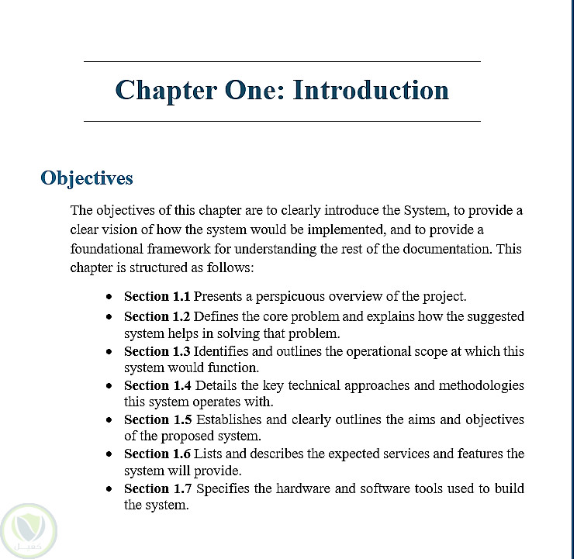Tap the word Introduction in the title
[x=371, y=90]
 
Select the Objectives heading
[x=87, y=178]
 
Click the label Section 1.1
[x=157, y=296]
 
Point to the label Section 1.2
[x=157, y=316]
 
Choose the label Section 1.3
[x=157, y=351]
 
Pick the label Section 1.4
[x=157, y=385]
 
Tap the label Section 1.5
[x=157, y=419]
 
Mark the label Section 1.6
[x=157, y=454]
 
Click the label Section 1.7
[x=157, y=488]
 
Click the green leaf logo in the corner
[x=29, y=530]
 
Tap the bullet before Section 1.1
[x=111, y=297]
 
